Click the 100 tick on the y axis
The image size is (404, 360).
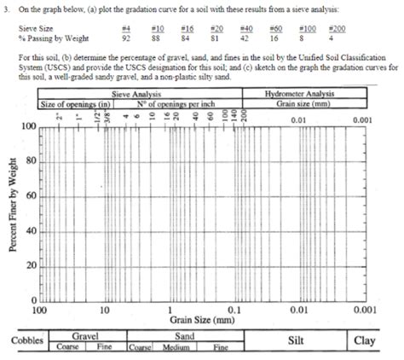pos(28,126)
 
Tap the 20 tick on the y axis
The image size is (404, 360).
pos(30,266)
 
